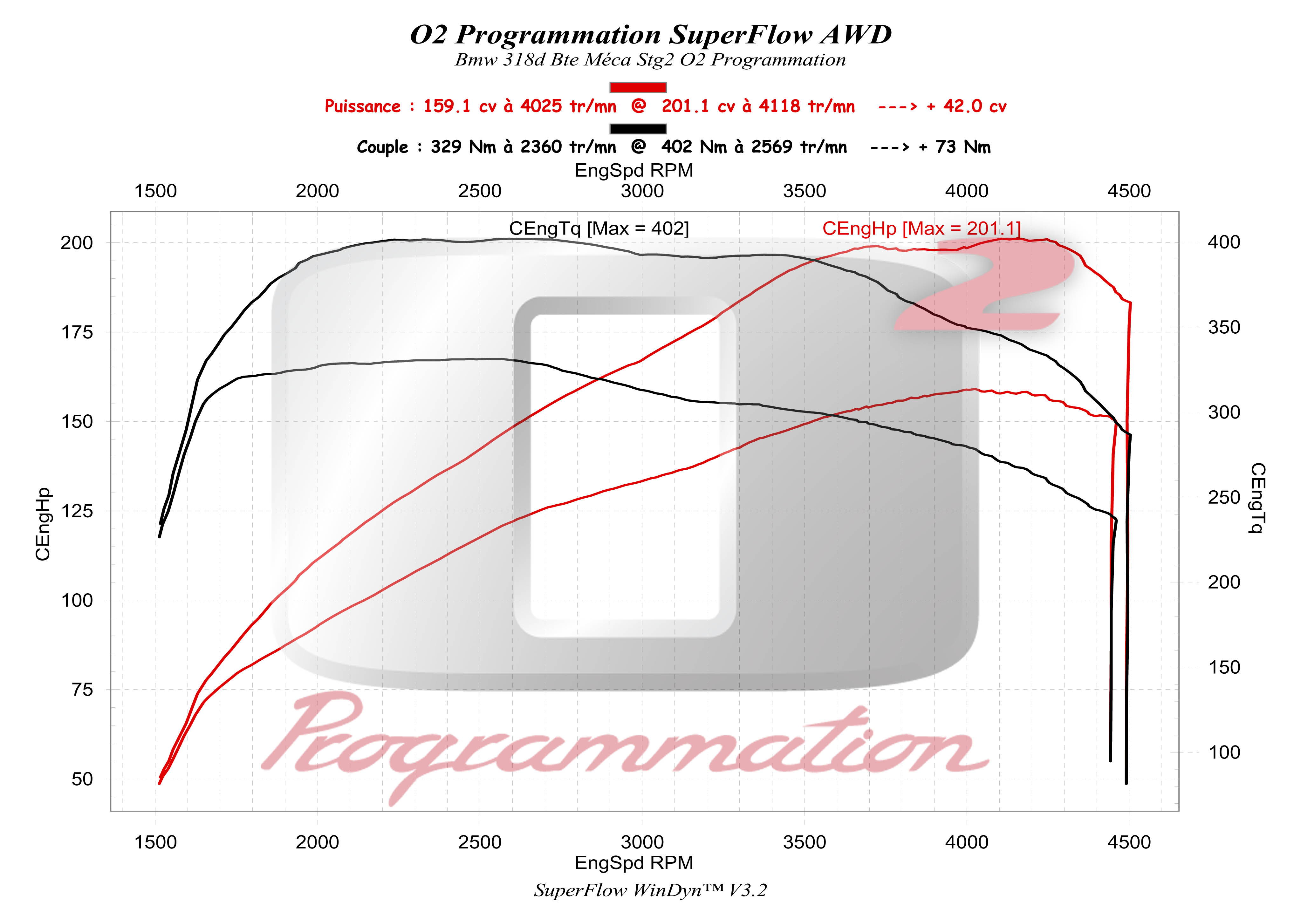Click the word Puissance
[x=363, y=106]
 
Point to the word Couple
[x=382, y=147]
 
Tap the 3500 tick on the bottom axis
[x=804, y=842]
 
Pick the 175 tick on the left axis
[x=77, y=333]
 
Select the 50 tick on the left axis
[x=82, y=779]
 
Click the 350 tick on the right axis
[x=1224, y=328]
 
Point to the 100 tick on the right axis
[x=1224, y=752]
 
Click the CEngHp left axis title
[x=43, y=524]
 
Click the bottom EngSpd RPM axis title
[x=633, y=862]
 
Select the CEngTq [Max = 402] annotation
[x=599, y=228]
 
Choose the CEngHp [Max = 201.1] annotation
[x=921, y=228]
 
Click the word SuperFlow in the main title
[x=741, y=35]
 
